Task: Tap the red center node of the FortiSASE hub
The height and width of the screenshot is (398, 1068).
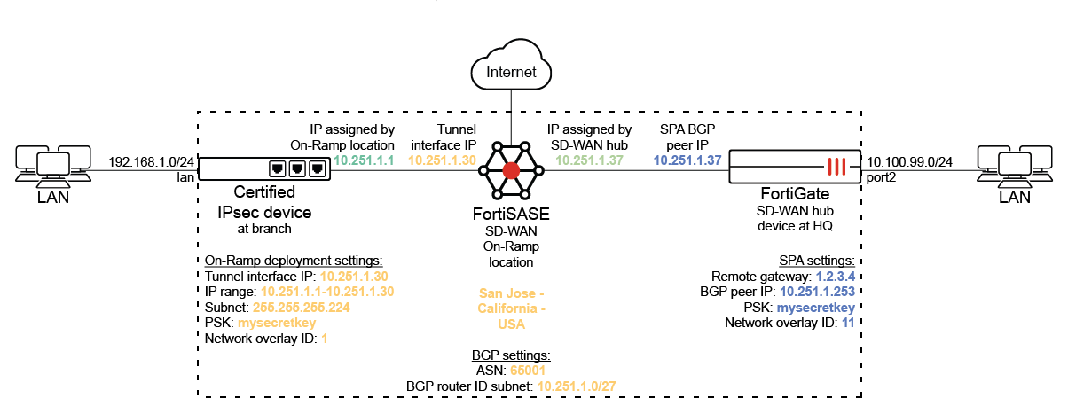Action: point(511,170)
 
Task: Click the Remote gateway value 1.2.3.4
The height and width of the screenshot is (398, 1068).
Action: point(839,276)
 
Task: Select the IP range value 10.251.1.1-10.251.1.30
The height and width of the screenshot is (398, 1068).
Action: point(326,292)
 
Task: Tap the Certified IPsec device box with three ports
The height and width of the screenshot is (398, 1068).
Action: point(263,168)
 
